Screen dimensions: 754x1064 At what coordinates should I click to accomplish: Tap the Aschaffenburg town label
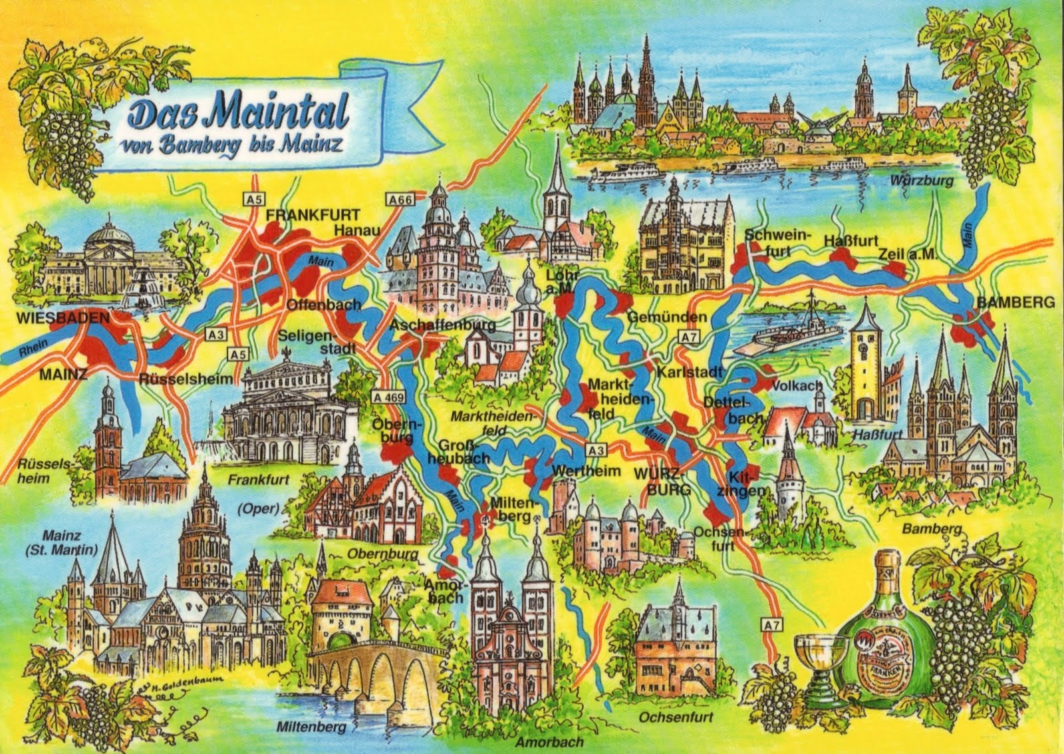[x=442, y=325]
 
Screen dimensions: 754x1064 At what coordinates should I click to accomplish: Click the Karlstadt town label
[x=689, y=371]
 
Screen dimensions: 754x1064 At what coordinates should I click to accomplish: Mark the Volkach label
[x=797, y=385]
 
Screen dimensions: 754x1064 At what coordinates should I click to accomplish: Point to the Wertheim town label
[x=586, y=471]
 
